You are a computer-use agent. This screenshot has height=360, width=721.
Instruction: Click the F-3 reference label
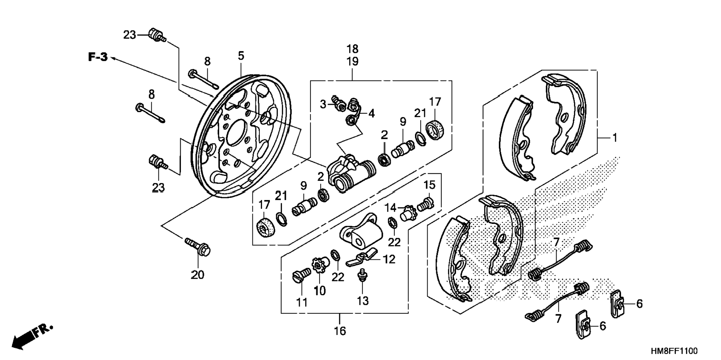[x=98, y=57]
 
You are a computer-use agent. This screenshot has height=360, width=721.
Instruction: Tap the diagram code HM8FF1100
[x=674, y=351]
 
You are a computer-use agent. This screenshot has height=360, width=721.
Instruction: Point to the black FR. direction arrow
[x=32, y=337]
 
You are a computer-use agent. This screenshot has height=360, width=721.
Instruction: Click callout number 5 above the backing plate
[x=241, y=56]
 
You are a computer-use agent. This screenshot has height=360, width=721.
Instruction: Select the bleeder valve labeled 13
[x=361, y=277]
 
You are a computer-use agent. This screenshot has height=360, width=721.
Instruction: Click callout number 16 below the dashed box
[x=340, y=331]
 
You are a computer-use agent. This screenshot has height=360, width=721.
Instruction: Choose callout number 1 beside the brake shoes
[x=615, y=138]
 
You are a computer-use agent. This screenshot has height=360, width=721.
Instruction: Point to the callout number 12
[x=389, y=259]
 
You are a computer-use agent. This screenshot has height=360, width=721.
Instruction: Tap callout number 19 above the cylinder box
[x=352, y=61]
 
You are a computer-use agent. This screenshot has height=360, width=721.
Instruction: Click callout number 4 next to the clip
[x=371, y=113]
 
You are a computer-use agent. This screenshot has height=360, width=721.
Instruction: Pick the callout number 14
[x=391, y=208]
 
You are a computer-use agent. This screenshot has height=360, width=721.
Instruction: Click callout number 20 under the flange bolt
[x=198, y=275]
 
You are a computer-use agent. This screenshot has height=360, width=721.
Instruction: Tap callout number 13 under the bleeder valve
[x=362, y=301]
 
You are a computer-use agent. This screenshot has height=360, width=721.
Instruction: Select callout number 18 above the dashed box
[x=352, y=49]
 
